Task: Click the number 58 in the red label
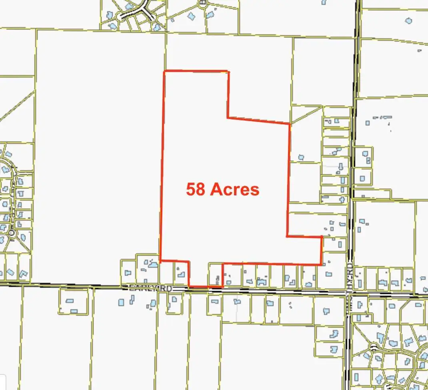point(196,189)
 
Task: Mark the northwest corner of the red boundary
point(164,72)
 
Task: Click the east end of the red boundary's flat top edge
point(228,72)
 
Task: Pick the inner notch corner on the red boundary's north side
point(228,117)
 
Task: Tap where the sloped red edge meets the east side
point(289,124)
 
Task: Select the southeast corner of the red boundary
point(321,265)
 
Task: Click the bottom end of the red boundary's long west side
point(160,261)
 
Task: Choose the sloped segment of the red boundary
point(258,121)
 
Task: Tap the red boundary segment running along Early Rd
point(206,287)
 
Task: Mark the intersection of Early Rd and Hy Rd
point(349,294)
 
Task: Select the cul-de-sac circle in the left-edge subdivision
point(11,232)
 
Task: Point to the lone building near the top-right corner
point(408,20)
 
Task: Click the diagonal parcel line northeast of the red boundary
point(306,114)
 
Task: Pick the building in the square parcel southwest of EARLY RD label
point(70,301)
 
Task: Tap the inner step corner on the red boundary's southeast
point(287,236)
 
